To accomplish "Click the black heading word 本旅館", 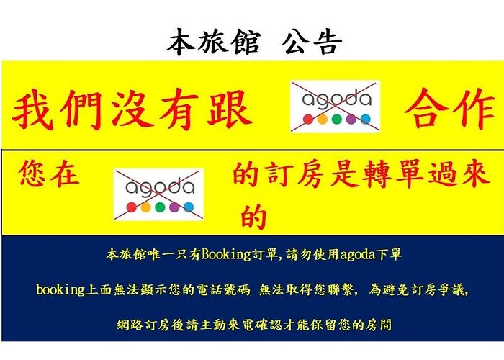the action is [x=213, y=42].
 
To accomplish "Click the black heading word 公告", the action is [x=312, y=42].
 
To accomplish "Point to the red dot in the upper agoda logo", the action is [x=308, y=120].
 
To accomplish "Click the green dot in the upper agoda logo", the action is [x=336, y=120].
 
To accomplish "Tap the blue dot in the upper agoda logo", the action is [x=366, y=120].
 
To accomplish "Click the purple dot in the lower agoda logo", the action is [x=174, y=207].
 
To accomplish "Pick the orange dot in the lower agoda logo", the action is [x=145, y=207].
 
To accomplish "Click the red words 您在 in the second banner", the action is [x=49, y=174].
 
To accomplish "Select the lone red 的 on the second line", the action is [x=254, y=217].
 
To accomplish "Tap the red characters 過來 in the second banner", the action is [x=459, y=174].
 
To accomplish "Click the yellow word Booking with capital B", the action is [x=226, y=255].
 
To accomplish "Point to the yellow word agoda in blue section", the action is [x=357, y=255].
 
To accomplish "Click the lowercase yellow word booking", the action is [x=60, y=289].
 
